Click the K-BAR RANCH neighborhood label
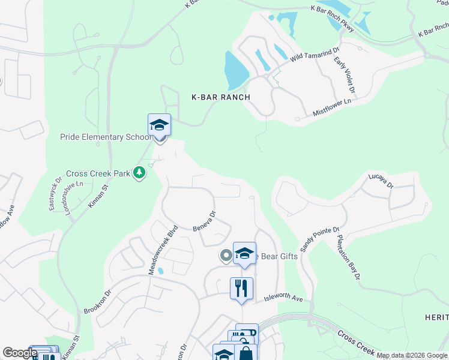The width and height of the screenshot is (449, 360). (x=220, y=97)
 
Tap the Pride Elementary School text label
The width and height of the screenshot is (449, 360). (x=106, y=137)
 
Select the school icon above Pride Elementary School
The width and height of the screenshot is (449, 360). (x=159, y=125)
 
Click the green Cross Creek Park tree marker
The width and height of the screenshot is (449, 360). (x=139, y=173)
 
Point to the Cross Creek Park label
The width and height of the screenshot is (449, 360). (x=98, y=173)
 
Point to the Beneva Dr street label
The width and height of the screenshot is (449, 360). (x=203, y=221)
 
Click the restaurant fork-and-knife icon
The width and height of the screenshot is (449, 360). (x=241, y=289)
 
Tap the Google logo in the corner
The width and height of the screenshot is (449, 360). (x=20, y=353)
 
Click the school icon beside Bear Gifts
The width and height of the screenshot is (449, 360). (x=244, y=254)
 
